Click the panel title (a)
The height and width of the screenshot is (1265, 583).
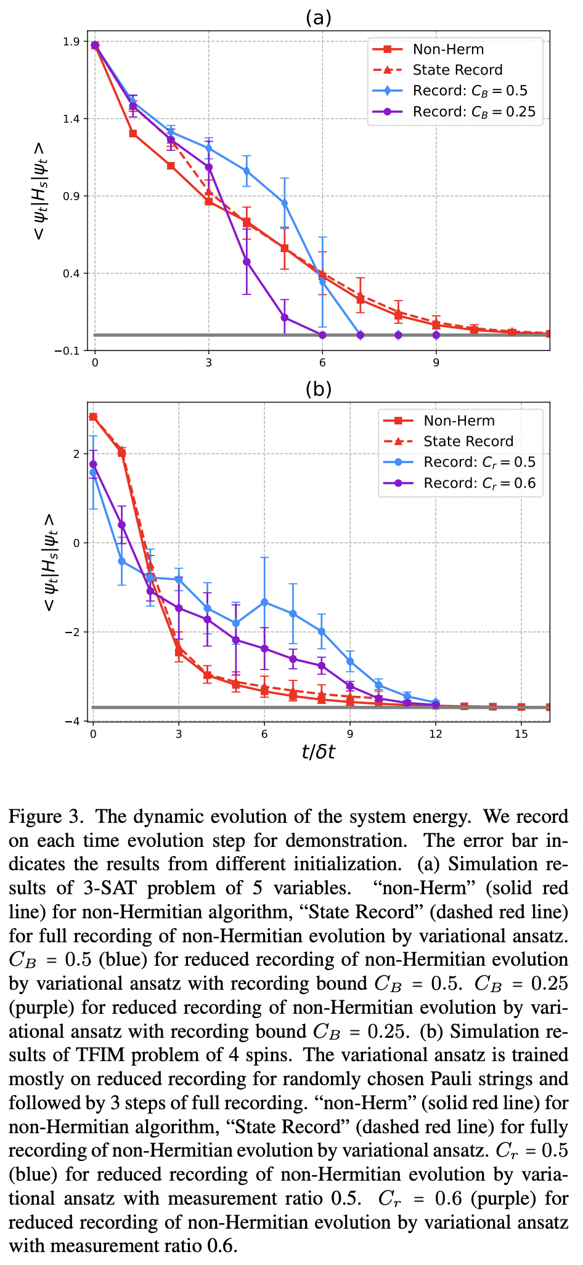(x=319, y=17)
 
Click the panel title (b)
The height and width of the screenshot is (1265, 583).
(x=319, y=389)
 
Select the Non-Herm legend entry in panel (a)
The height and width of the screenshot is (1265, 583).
(x=448, y=49)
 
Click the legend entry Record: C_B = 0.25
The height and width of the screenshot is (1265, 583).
(x=473, y=111)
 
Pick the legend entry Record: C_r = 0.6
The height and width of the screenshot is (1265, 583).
(x=479, y=483)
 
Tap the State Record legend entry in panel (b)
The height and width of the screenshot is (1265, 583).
(x=468, y=442)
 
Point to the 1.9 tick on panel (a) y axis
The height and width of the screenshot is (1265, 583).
(x=79, y=42)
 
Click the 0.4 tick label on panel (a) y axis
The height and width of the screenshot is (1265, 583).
(x=79, y=273)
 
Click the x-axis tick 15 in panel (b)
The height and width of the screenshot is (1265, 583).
(x=521, y=734)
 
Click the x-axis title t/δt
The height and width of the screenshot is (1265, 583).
(x=318, y=752)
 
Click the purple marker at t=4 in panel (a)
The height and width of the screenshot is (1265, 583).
(x=247, y=262)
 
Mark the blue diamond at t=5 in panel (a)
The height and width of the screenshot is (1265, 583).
(x=285, y=203)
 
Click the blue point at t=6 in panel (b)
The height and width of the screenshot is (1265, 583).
(x=264, y=602)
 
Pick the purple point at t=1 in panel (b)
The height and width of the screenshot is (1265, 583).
(x=121, y=525)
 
